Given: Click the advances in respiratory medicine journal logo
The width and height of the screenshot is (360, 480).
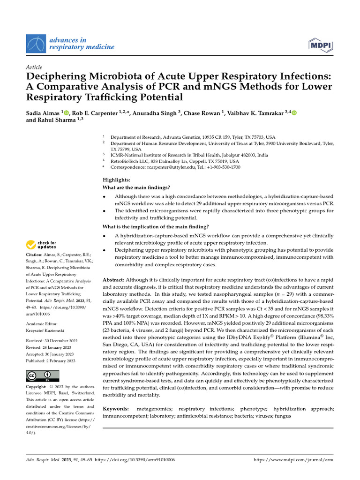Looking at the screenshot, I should (x=70, y=44).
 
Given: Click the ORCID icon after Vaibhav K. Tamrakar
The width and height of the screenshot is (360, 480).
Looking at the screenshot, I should (x=294, y=112).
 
